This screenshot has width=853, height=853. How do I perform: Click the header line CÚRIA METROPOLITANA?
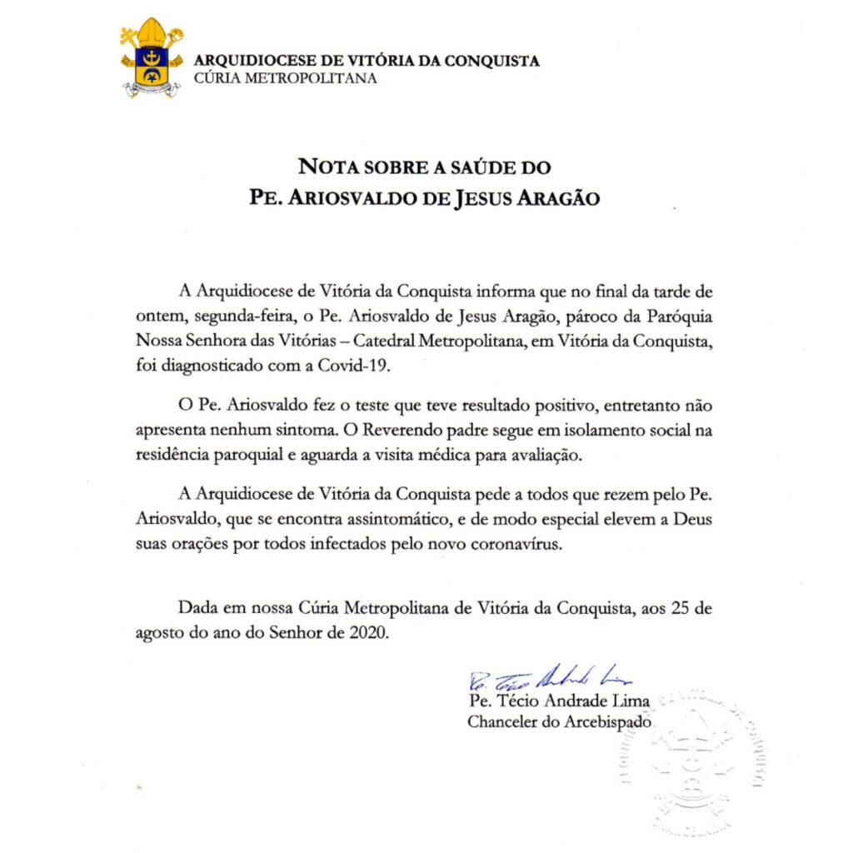pyautogui.click(x=284, y=78)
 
